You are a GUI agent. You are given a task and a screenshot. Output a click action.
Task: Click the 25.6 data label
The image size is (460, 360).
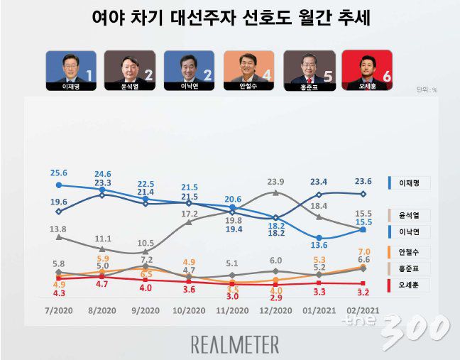click(x=58, y=173)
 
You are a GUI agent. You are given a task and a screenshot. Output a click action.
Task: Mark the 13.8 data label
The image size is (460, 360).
click(x=58, y=229)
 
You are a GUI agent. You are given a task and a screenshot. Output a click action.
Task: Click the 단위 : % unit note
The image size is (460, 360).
click(x=425, y=90)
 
